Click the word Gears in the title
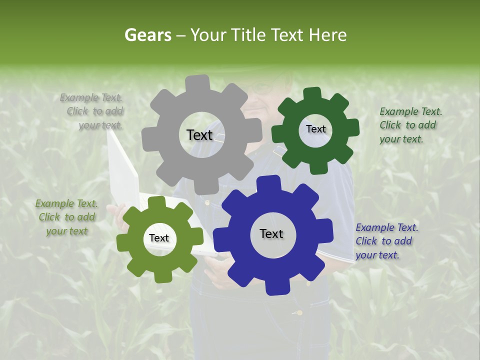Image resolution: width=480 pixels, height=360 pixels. pos(147,35)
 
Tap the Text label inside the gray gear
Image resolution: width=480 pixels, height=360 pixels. pos(199,135)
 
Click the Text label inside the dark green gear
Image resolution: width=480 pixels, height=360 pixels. pos(315,129)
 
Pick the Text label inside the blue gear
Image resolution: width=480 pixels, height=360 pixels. pos(271,233)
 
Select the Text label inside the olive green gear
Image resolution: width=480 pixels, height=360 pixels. pos(159,238)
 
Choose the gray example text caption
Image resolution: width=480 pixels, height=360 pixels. pos(95,111)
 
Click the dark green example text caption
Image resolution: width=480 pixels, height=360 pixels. pos(410,125)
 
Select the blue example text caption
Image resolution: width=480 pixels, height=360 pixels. pos(386,241)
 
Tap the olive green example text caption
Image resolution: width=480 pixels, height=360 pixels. pos(66,217)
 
